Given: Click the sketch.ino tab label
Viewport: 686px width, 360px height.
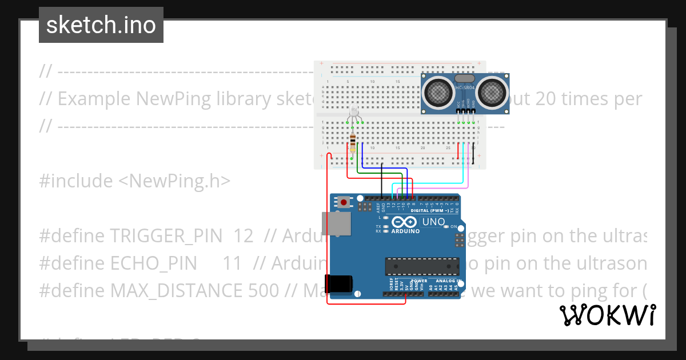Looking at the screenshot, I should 101,25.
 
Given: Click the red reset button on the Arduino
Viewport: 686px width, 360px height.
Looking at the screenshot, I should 344,202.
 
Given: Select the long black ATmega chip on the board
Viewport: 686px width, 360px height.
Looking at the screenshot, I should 422,266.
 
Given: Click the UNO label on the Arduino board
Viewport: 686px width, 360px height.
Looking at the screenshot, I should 433,222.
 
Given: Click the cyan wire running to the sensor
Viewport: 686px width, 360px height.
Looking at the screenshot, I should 434,183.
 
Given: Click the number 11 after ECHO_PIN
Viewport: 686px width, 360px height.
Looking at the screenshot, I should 233,263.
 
